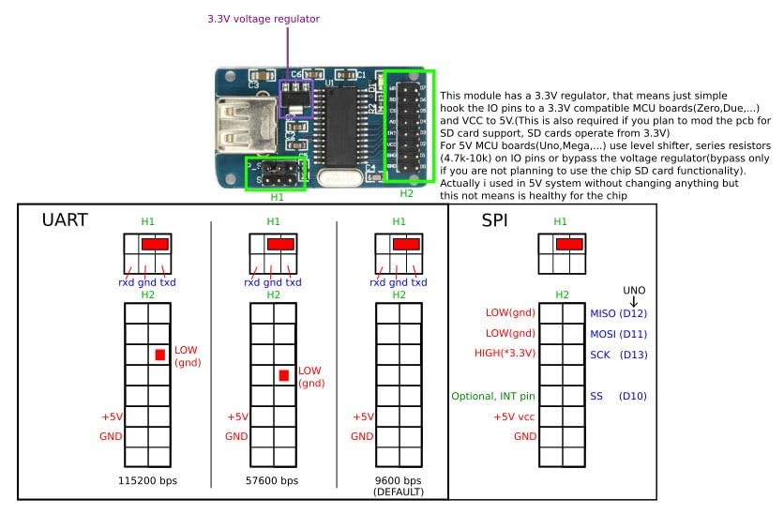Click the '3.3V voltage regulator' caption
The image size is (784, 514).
pos(263,18)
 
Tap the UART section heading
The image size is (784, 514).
pos(67,221)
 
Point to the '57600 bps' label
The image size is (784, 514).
pos(273,480)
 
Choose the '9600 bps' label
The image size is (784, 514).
pos(399,480)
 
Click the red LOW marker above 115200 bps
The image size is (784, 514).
pos(160,355)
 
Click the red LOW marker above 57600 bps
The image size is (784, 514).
pos(284,375)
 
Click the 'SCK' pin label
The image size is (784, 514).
pos(600,355)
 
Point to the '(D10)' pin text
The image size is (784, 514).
pos(633,397)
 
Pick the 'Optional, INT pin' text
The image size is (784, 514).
pos(493,397)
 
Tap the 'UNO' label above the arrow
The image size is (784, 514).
pos(636,289)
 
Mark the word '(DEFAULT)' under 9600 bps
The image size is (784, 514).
pos(399,491)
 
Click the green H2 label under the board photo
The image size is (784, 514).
pos(406,193)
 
